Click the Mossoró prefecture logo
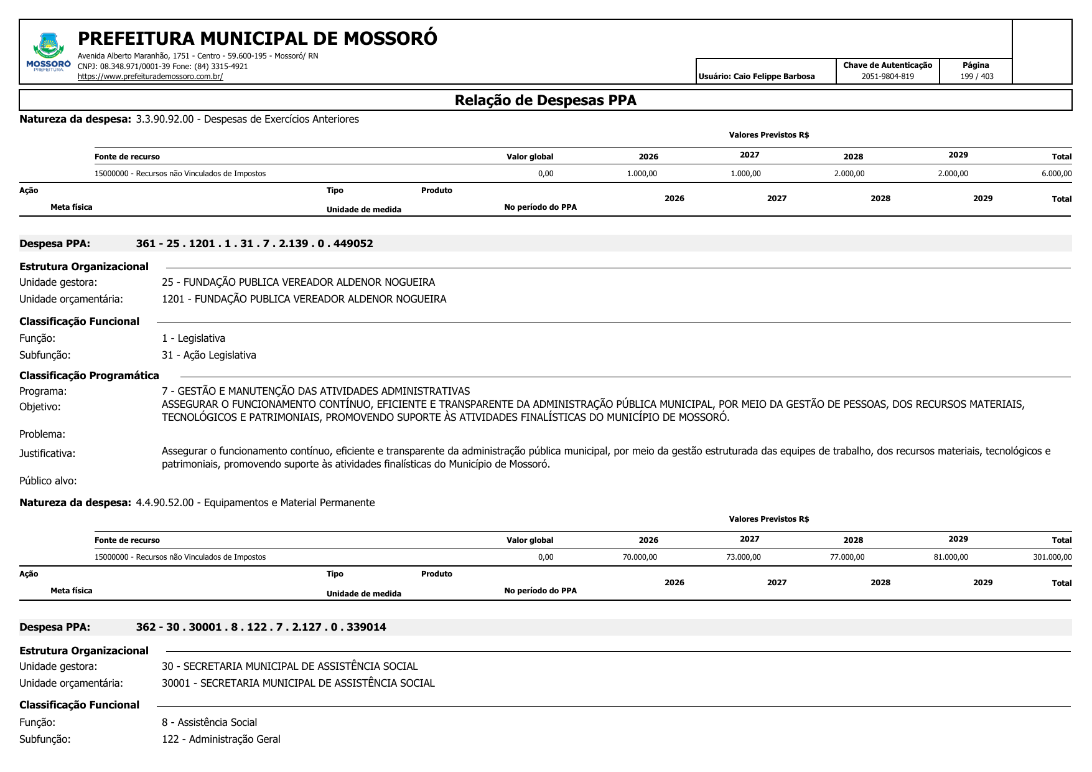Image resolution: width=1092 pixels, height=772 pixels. click(49, 52)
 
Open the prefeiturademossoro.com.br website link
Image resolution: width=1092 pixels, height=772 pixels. click(150, 77)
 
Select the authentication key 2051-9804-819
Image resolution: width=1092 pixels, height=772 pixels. click(887, 77)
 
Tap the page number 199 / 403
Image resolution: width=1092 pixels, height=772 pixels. click(976, 77)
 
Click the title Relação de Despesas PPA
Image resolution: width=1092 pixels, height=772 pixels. click(545, 100)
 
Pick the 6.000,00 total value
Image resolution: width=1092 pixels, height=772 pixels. click(1056, 174)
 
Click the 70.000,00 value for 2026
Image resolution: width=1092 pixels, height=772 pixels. click(640, 557)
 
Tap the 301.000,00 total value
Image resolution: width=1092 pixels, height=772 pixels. click(1052, 557)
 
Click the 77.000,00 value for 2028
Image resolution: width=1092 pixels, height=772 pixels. click(847, 557)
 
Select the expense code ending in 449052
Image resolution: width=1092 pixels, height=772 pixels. click(254, 243)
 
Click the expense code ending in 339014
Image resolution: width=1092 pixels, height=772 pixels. click(261, 627)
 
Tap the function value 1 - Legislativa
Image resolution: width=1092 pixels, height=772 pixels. click(194, 338)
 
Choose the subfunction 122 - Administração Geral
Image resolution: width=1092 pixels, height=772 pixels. click(221, 739)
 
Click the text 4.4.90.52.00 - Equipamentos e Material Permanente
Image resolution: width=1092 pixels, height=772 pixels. click(255, 502)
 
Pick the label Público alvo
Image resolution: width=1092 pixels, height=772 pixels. click(48, 481)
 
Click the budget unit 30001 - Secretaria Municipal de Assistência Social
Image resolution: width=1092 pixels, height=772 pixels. click(298, 683)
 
